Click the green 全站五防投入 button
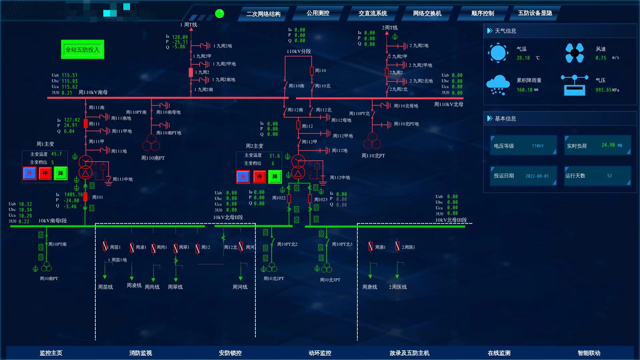coord(82,50)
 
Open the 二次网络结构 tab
coord(263,14)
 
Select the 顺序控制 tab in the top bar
coord(482,13)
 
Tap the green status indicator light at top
coord(219,14)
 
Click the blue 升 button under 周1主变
coord(30,173)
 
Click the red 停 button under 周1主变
coord(45,173)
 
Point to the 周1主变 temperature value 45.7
coord(56,154)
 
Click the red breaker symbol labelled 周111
coord(86,124)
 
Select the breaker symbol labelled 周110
coord(312,71)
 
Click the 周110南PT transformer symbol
coord(151,143)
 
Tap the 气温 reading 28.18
coord(523,58)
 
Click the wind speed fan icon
coord(574,53)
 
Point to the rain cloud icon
coord(498,85)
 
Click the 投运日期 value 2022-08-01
coord(537,176)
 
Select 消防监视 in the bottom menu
coord(140,353)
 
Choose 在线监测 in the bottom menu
coord(499,353)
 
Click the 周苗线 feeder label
coord(105,287)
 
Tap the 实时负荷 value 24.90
coord(608,145)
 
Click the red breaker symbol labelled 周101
coord(85,197)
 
